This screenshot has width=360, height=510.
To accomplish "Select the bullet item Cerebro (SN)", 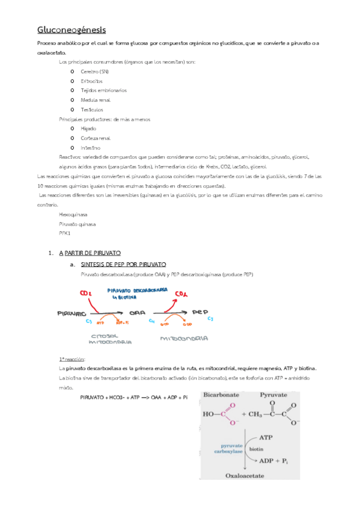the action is click(94, 71).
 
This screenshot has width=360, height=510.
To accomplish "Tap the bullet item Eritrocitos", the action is click(92, 81).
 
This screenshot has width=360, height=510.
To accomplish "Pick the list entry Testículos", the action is click(92, 109).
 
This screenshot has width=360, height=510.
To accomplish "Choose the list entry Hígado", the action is click(88, 129).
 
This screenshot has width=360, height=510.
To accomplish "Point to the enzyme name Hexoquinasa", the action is click(73, 214).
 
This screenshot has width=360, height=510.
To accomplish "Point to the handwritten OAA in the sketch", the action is click(138, 313).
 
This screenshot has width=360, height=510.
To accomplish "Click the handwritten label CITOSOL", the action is click(106, 335).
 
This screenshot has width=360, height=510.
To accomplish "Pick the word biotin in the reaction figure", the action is click(256, 449).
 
